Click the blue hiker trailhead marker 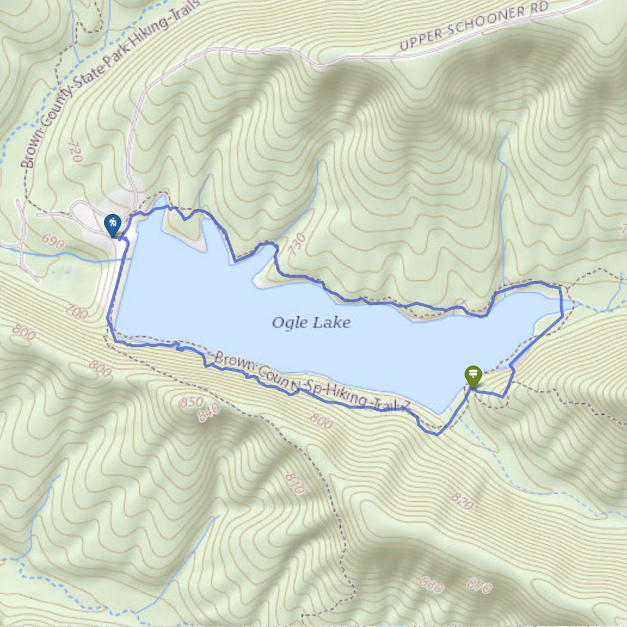tap(112, 225)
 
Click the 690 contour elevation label tap(53, 241)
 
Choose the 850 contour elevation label tap(191, 402)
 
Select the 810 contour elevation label tap(295, 484)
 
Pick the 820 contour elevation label tap(463, 502)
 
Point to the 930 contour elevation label tap(432, 585)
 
